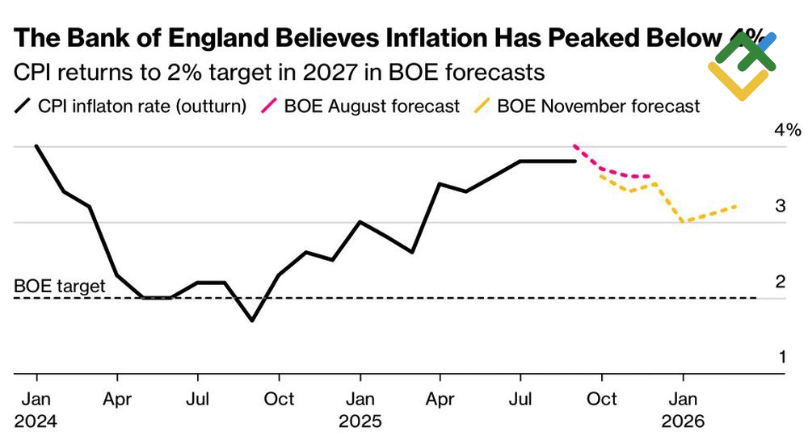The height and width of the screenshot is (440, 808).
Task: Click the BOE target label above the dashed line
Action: (60, 286)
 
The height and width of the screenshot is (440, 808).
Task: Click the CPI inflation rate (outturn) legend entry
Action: (132, 107)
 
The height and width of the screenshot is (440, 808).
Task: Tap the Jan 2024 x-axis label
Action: (36, 409)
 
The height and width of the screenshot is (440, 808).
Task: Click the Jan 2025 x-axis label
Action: (360, 409)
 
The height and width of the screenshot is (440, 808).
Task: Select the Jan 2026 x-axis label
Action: (683, 409)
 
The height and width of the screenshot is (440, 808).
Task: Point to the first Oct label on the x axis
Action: (279, 399)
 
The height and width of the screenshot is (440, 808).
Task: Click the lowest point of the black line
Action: (252, 321)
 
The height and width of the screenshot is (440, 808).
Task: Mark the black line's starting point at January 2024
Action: (36, 146)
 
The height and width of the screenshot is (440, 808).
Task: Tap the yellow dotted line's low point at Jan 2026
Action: (683, 222)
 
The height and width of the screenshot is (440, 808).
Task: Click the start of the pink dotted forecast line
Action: (574, 146)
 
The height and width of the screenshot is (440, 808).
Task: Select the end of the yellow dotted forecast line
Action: (736, 207)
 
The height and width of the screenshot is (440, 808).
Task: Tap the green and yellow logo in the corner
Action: (742, 65)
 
